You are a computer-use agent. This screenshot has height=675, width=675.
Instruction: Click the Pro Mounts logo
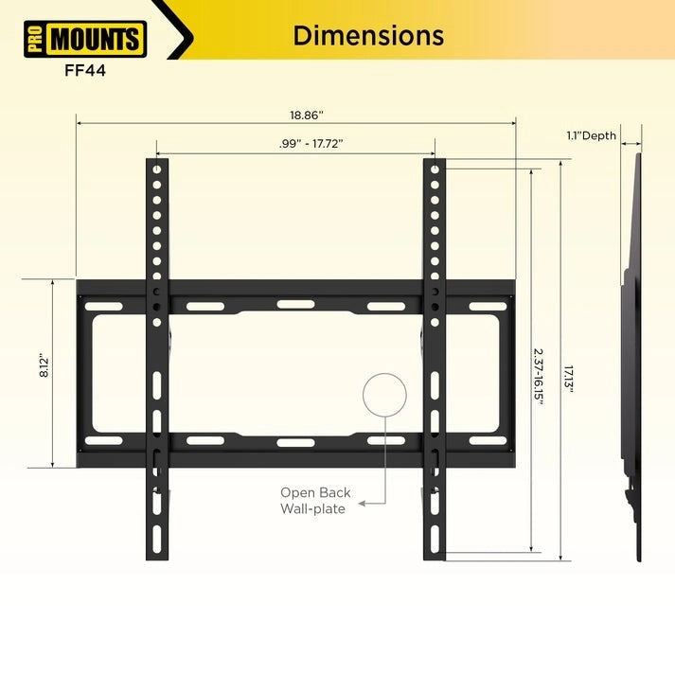(83, 40)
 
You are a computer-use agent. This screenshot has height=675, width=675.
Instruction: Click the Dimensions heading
(367, 36)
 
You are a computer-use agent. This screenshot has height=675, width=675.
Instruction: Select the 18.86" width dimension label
(307, 115)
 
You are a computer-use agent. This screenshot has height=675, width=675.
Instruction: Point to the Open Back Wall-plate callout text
(315, 501)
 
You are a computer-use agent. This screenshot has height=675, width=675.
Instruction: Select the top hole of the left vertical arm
(157, 169)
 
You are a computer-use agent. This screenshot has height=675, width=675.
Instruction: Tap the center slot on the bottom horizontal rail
(290, 441)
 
